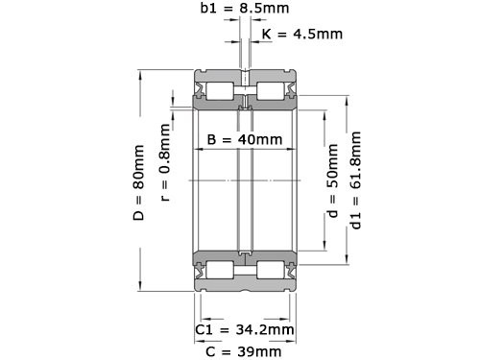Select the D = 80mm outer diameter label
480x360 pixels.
[140, 181]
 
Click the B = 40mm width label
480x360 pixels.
[245, 139]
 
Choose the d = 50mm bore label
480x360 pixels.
[332, 182]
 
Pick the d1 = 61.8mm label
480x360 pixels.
[357, 182]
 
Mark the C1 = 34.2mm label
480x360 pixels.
[244, 329]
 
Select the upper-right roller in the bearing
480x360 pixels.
[274, 93]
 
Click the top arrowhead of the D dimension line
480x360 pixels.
[140, 74]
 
